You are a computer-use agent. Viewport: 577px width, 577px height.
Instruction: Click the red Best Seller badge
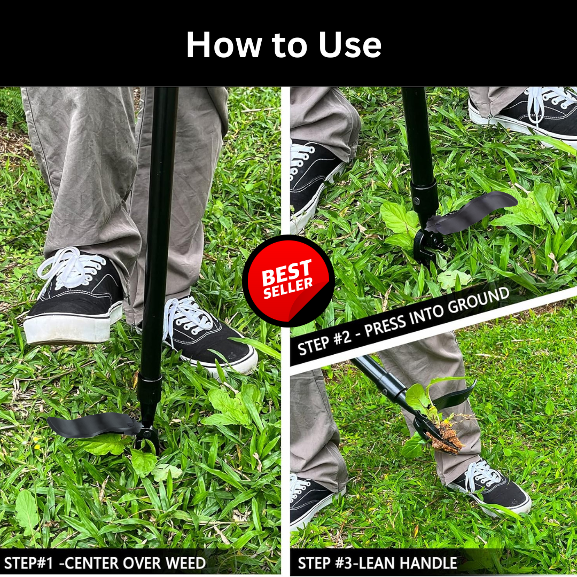[288, 281]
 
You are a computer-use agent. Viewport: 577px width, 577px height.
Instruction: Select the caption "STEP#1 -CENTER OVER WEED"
[105, 563]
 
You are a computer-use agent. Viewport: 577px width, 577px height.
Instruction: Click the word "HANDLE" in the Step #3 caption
[428, 563]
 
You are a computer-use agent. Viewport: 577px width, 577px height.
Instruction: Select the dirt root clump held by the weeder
[447, 438]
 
